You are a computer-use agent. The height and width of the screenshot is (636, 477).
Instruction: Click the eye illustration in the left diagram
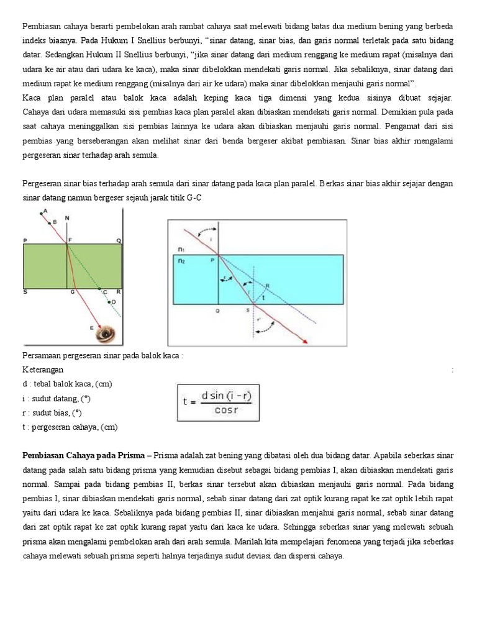106,334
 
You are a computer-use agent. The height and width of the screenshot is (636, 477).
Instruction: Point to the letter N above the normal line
67,219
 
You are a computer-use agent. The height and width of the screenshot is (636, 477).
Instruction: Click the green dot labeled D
109,302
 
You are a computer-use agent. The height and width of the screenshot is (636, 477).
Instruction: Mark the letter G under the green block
73,291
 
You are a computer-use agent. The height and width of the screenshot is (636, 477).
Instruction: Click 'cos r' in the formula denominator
227,408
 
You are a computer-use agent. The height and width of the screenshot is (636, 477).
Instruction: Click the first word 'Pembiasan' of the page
42,27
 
